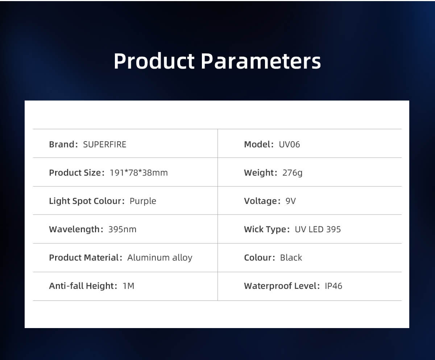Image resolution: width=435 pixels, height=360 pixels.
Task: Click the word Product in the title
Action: [154, 61]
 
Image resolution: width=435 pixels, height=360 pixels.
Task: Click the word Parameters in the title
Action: [261, 61]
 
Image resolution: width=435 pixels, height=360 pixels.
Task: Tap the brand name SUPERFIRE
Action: [105, 144]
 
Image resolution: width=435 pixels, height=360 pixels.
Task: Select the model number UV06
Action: [289, 144]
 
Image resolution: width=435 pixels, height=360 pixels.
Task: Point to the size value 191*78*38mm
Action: [138, 173]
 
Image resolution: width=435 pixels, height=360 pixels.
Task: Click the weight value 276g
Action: [292, 173]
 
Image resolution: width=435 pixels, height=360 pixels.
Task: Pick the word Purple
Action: [143, 201]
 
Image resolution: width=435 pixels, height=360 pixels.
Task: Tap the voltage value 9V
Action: [290, 201]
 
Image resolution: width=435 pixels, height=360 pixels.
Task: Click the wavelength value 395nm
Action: [122, 229]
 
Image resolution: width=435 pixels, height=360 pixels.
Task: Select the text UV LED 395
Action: [318, 229]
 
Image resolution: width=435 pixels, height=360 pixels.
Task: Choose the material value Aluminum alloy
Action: [160, 258]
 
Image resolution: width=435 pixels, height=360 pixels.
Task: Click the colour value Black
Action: [291, 258]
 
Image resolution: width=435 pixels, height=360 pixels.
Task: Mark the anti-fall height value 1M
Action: [128, 286]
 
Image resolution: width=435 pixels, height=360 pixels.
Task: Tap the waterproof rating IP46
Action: [333, 286]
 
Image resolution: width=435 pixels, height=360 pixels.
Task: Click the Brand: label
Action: [63, 144]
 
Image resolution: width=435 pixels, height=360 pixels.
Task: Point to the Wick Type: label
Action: [267, 229]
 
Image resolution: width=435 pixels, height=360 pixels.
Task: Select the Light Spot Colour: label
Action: [87, 201]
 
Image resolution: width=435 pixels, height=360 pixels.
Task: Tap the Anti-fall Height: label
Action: [83, 286]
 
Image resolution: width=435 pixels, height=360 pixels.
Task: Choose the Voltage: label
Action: [262, 201]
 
